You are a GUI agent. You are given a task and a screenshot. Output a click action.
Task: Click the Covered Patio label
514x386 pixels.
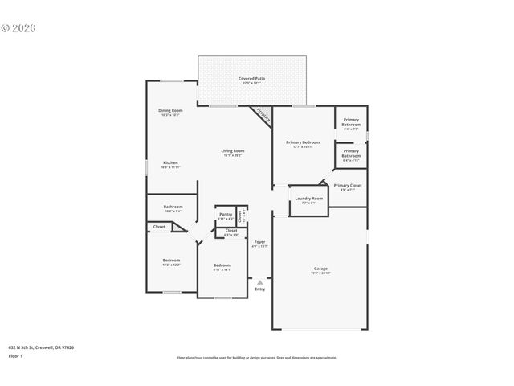point(251,78)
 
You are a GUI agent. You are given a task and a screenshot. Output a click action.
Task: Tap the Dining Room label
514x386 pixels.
point(169,110)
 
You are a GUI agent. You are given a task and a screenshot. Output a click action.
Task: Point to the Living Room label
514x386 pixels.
point(233,150)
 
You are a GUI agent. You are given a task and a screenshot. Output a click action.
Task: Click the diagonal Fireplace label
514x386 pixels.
point(263,115)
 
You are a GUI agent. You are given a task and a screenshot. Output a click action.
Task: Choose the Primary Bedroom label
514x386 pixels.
point(303,142)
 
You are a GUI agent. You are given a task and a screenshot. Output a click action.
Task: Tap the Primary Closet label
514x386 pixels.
point(348,185)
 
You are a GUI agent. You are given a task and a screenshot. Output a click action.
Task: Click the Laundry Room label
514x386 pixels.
point(308,198)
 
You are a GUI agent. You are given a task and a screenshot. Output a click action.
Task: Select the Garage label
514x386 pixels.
point(320,268)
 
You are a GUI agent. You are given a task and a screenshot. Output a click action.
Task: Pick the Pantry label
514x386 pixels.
point(225,214)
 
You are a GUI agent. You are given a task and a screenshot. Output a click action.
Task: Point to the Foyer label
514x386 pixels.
point(259,241)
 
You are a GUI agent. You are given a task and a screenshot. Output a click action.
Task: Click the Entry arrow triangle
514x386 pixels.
point(259,281)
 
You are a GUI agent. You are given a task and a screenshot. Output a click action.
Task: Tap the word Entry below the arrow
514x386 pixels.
point(259,289)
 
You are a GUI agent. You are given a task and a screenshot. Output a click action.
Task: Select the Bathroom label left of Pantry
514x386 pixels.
point(173,207)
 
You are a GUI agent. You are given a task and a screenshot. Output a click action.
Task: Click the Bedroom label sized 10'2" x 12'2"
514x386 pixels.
point(171,260)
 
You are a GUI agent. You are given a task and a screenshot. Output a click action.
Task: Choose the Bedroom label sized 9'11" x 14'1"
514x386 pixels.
point(222,265)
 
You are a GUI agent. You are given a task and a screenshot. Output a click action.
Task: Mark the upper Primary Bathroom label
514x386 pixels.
point(351,122)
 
